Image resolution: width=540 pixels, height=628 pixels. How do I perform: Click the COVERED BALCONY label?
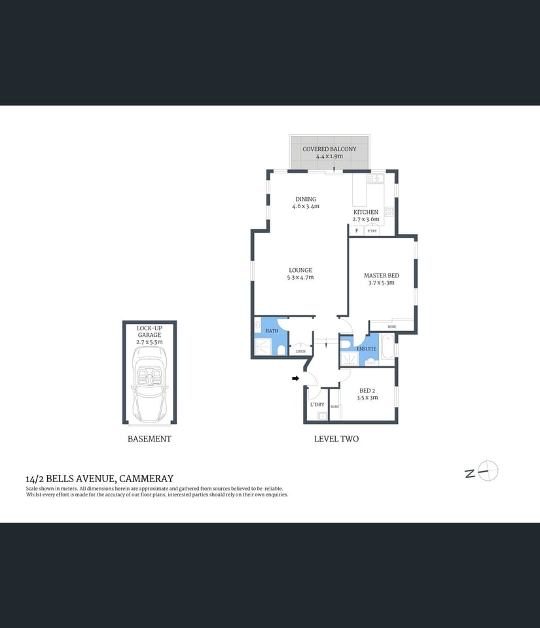tap(329, 149)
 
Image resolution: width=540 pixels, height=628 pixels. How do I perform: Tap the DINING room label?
tap(306, 200)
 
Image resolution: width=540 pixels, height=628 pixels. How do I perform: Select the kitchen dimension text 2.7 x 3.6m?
tap(366, 220)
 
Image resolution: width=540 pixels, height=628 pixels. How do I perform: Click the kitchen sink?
tap(378, 178)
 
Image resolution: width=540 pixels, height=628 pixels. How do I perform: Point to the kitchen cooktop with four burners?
tap(388, 211)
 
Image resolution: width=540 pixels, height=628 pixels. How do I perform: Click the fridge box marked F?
tap(357, 231)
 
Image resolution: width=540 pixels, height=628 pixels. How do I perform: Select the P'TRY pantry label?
tap(372, 231)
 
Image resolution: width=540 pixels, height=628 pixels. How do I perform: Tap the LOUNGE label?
tap(300, 270)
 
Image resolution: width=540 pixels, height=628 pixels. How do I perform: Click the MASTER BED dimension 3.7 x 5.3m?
tap(381, 283)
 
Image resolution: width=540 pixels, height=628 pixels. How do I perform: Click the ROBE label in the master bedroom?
tap(391, 326)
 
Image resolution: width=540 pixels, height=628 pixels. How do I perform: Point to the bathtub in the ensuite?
tap(387, 347)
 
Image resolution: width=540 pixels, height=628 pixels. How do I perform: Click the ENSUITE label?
tap(366, 349)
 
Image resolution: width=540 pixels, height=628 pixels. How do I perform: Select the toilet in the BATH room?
tap(281, 351)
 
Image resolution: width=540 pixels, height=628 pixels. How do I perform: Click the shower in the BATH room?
tap(263, 347)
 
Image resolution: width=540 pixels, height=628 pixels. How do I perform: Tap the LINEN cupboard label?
tap(300, 351)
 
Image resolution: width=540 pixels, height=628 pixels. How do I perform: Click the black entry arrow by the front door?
tap(295, 378)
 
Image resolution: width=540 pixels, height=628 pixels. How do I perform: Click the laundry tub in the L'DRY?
tap(322, 415)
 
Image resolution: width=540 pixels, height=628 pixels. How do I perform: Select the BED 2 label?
tap(367, 391)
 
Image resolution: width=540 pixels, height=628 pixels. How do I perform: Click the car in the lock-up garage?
tap(149, 384)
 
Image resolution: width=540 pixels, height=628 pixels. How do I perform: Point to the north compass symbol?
tap(488, 471)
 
